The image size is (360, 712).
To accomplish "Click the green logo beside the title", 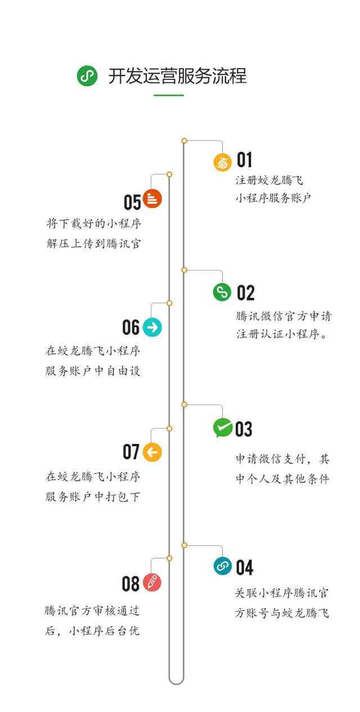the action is [x=87, y=75].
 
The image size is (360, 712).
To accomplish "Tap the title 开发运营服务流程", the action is [x=177, y=76].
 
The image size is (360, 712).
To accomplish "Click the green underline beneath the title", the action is [x=169, y=95].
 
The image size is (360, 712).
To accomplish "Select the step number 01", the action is [x=244, y=160].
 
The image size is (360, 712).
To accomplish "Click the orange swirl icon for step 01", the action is [x=222, y=162].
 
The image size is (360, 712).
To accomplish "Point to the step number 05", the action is [x=132, y=203].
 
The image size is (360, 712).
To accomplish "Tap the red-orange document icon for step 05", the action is [x=152, y=198].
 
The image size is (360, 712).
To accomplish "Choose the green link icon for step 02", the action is [x=222, y=292].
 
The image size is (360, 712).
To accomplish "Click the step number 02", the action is [x=246, y=293].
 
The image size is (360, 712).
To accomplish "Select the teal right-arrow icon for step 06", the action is [x=152, y=327].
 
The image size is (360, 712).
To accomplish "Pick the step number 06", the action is [x=131, y=328].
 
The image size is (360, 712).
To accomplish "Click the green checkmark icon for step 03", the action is [x=222, y=428].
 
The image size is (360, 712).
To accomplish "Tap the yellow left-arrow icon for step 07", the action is [x=152, y=451].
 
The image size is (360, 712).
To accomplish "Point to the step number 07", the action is [x=131, y=451].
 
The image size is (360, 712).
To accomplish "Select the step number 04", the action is [x=245, y=568].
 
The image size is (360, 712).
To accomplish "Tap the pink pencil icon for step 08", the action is [x=152, y=583].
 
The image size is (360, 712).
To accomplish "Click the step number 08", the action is [x=130, y=584].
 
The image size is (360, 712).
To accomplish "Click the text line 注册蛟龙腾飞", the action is [x=269, y=181].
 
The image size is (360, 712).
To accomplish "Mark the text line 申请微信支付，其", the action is [x=282, y=459].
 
